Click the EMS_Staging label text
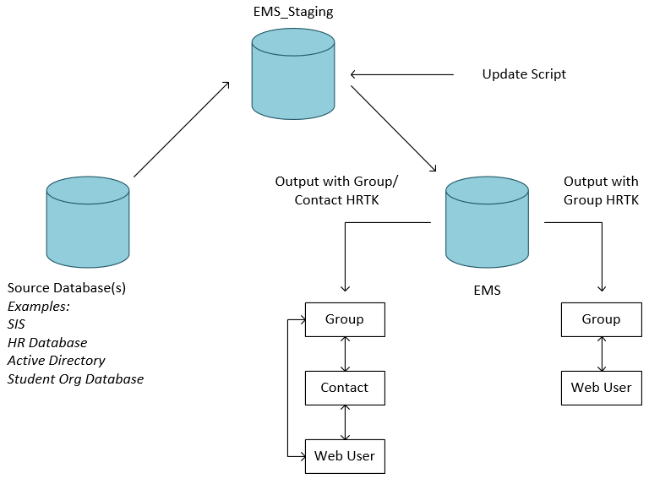(292, 12)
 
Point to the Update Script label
(524, 74)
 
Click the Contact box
(345, 388)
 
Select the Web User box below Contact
(345, 456)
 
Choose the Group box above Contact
(345, 319)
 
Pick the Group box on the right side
(601, 319)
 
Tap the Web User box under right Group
(601, 388)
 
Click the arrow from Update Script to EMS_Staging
(401, 74)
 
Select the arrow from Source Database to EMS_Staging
(182, 129)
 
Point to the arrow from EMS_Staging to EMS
(393, 129)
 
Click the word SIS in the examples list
(17, 324)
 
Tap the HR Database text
(47, 343)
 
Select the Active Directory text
(56, 361)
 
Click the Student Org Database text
(75, 379)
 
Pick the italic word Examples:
(39, 306)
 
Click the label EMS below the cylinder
(487, 291)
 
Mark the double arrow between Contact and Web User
(345, 422)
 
